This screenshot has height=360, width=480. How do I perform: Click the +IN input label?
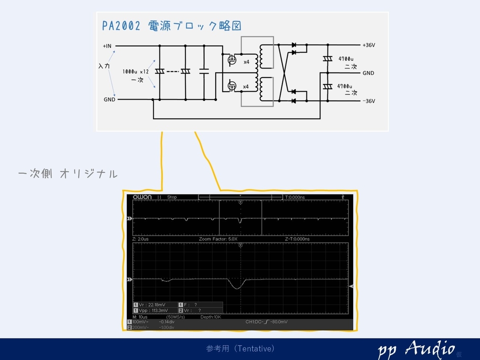(107, 46)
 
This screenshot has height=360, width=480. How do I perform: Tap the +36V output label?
(368, 45)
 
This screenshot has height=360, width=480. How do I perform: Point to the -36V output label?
(368, 101)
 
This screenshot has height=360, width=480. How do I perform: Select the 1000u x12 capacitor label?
(136, 72)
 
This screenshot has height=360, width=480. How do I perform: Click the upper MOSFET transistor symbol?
(231, 60)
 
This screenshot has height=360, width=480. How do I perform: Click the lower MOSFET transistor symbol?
(231, 86)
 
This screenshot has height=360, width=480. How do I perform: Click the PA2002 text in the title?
(121, 26)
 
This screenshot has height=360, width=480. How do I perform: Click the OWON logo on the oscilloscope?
(142, 197)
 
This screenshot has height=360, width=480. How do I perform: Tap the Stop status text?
(172, 197)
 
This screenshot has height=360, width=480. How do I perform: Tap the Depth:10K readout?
(210, 317)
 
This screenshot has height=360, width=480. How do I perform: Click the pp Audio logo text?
(416, 349)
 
